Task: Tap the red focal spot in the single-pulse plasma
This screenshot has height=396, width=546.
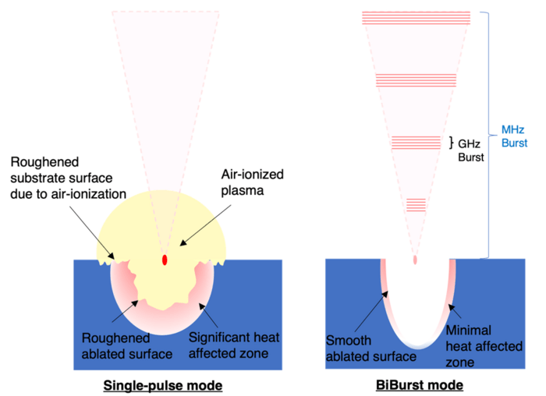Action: coord(165,260)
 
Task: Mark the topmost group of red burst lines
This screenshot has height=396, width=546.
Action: coord(417,18)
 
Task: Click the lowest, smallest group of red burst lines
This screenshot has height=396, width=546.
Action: coord(417,205)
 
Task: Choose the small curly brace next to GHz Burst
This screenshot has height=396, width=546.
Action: coord(451,143)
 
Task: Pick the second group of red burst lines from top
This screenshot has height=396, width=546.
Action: coord(417,80)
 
